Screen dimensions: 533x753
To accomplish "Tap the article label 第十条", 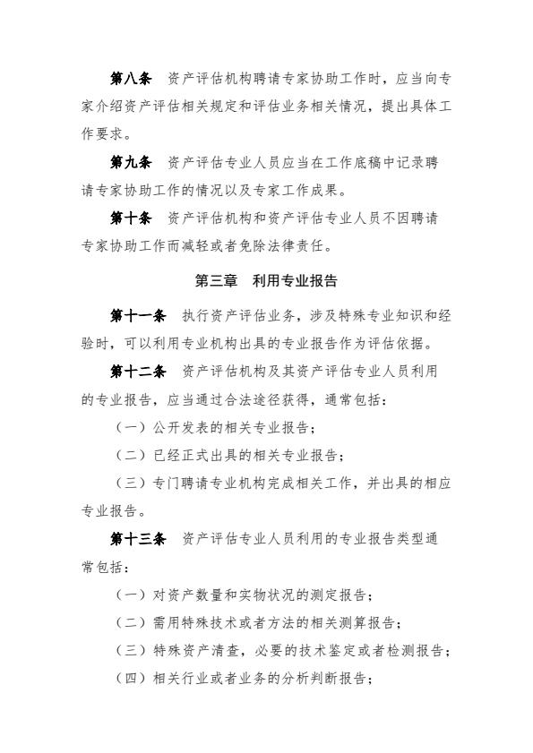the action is (x=130, y=218).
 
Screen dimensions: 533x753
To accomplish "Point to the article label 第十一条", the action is (x=137, y=314).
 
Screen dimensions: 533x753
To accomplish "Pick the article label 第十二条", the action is (x=137, y=370).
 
